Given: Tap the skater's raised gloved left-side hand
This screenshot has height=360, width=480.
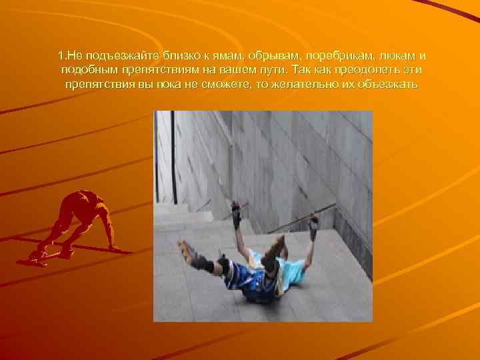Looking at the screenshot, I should [x=236, y=211].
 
